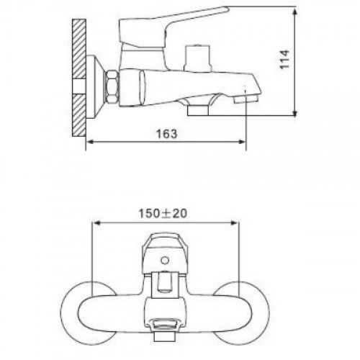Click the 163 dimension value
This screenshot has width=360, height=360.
tap(167, 134)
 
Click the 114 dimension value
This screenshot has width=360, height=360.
tap(285, 60)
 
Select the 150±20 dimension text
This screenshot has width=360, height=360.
tap(163, 213)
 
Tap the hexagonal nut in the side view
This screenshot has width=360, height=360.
tap(112, 87)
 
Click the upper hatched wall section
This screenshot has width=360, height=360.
tap(78, 49)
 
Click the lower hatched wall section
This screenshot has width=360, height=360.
tap(78, 116)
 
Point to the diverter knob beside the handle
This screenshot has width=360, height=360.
tap(198, 58)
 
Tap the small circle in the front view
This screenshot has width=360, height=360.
tap(165, 260)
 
